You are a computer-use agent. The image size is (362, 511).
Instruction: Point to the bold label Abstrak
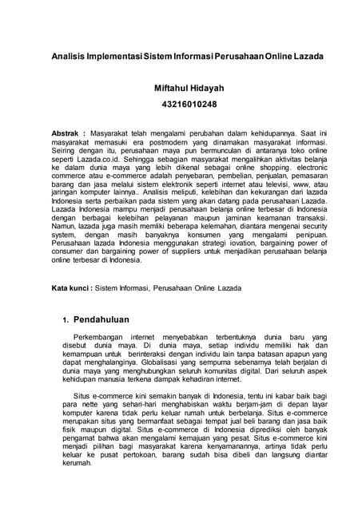(x=67, y=129)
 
